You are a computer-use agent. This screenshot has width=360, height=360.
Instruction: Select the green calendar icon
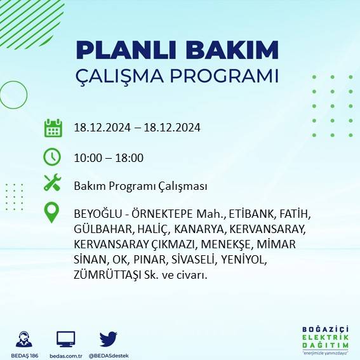click(x=53, y=128)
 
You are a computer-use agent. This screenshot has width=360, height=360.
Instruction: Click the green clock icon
click(x=52, y=156)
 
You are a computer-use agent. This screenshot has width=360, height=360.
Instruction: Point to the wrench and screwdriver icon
click(x=52, y=184)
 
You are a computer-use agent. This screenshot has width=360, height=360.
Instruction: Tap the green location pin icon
click(x=52, y=213)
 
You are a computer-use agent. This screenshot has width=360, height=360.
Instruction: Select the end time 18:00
click(x=130, y=157)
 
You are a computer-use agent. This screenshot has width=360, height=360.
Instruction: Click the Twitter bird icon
click(x=109, y=338)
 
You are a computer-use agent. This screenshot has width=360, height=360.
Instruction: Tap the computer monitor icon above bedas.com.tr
click(x=66, y=338)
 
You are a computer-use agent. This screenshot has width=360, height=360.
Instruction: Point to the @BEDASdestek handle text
click(x=109, y=355)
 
